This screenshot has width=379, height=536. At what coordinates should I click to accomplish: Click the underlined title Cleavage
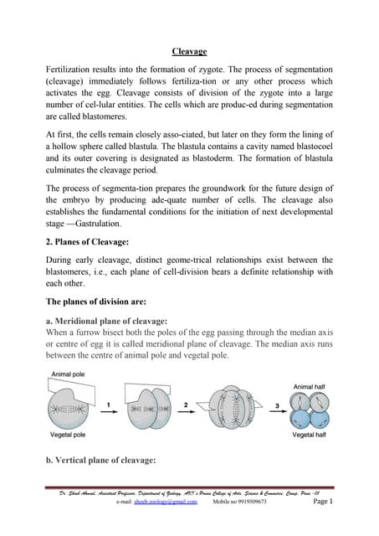(x=189, y=52)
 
